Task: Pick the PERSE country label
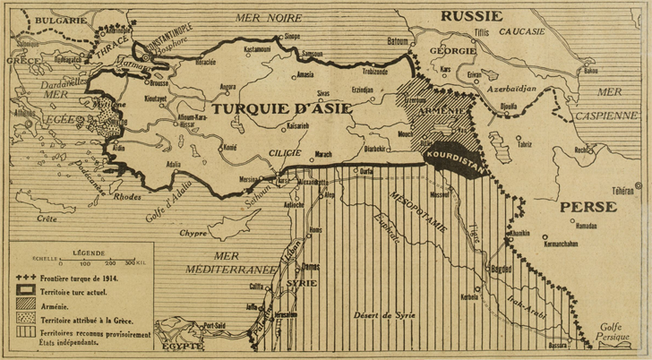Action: [588, 207]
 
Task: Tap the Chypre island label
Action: [193, 233]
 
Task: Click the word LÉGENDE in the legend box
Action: [90, 253]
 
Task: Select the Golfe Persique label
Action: [615, 333]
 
